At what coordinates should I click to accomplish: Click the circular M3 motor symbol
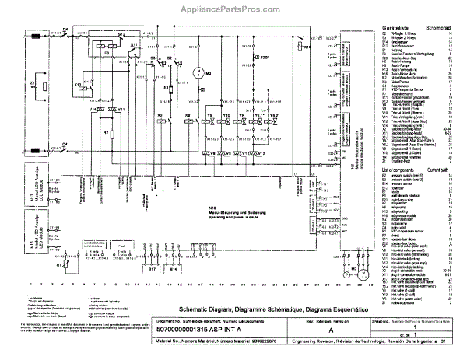198,72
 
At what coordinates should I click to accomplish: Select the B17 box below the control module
152,271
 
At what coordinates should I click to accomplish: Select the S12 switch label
122,35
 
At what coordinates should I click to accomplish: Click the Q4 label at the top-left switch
65,29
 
